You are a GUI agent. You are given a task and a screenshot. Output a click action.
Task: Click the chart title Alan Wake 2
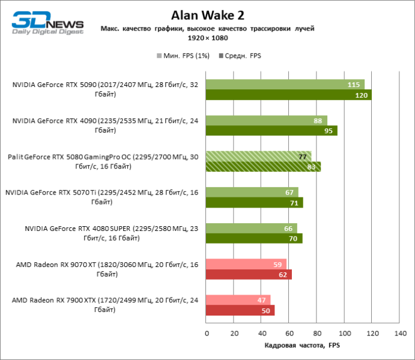coord(207,14)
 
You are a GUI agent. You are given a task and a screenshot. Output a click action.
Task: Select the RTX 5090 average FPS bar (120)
coord(288,95)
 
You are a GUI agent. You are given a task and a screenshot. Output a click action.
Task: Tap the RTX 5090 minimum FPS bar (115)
coord(285,85)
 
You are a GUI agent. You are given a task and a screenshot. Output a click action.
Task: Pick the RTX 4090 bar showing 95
coord(271,131)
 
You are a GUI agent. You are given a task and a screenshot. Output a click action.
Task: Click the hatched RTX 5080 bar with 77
coord(258,157)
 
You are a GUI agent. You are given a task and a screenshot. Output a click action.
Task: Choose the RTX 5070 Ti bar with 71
coord(254,203)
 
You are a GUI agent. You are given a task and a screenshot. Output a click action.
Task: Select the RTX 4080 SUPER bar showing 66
coord(251,229)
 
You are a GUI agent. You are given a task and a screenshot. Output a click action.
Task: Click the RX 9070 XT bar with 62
coord(248,275)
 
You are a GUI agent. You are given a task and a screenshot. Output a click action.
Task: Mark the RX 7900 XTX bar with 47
coord(238,301)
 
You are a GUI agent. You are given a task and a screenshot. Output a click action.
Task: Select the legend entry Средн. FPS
coord(240,55)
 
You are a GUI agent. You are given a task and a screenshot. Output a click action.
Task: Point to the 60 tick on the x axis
coord(289,332)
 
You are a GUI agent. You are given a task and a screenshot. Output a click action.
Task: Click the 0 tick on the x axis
coord(206,332)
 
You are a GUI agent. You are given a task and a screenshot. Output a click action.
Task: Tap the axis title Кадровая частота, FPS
coord(302,346)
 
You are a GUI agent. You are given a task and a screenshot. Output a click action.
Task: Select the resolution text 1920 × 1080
coord(207,38)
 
